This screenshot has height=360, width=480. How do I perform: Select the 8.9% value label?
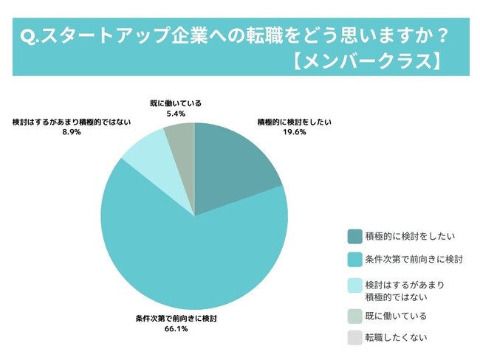point(72,130)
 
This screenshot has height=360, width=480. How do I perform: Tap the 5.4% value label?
point(174,114)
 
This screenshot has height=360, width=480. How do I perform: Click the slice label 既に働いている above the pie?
point(174,104)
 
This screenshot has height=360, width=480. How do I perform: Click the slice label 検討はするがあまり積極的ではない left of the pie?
point(71,120)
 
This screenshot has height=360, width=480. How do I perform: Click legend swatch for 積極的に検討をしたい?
point(354,236)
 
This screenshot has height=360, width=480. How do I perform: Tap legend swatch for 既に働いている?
point(354,316)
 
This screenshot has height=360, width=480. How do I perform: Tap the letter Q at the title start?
point(27,34)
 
